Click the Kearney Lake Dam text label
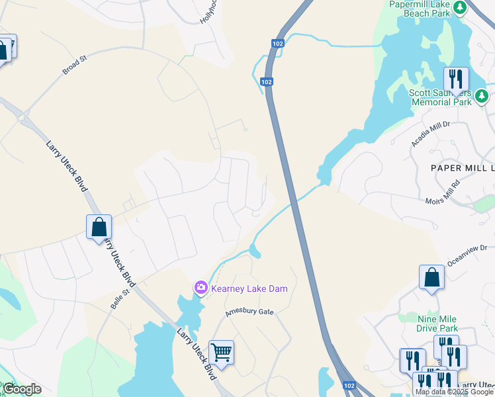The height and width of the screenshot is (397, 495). click(249, 288)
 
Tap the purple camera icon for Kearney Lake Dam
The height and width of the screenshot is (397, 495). click(200, 288)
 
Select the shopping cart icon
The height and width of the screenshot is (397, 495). click(221, 351)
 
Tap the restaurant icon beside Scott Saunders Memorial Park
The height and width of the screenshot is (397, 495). click(455, 79)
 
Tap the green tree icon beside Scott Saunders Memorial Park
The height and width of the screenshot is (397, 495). click(482, 97)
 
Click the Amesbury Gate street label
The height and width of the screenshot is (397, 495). click(248, 311)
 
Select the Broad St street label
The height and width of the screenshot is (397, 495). click(75, 65)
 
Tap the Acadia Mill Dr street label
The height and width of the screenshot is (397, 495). click(431, 133)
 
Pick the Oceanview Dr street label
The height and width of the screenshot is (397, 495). click(468, 255)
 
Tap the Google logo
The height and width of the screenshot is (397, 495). click(22, 389)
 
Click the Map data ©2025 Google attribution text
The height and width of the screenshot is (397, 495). click(454, 392)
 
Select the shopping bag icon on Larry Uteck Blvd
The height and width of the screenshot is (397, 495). click(99, 227)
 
